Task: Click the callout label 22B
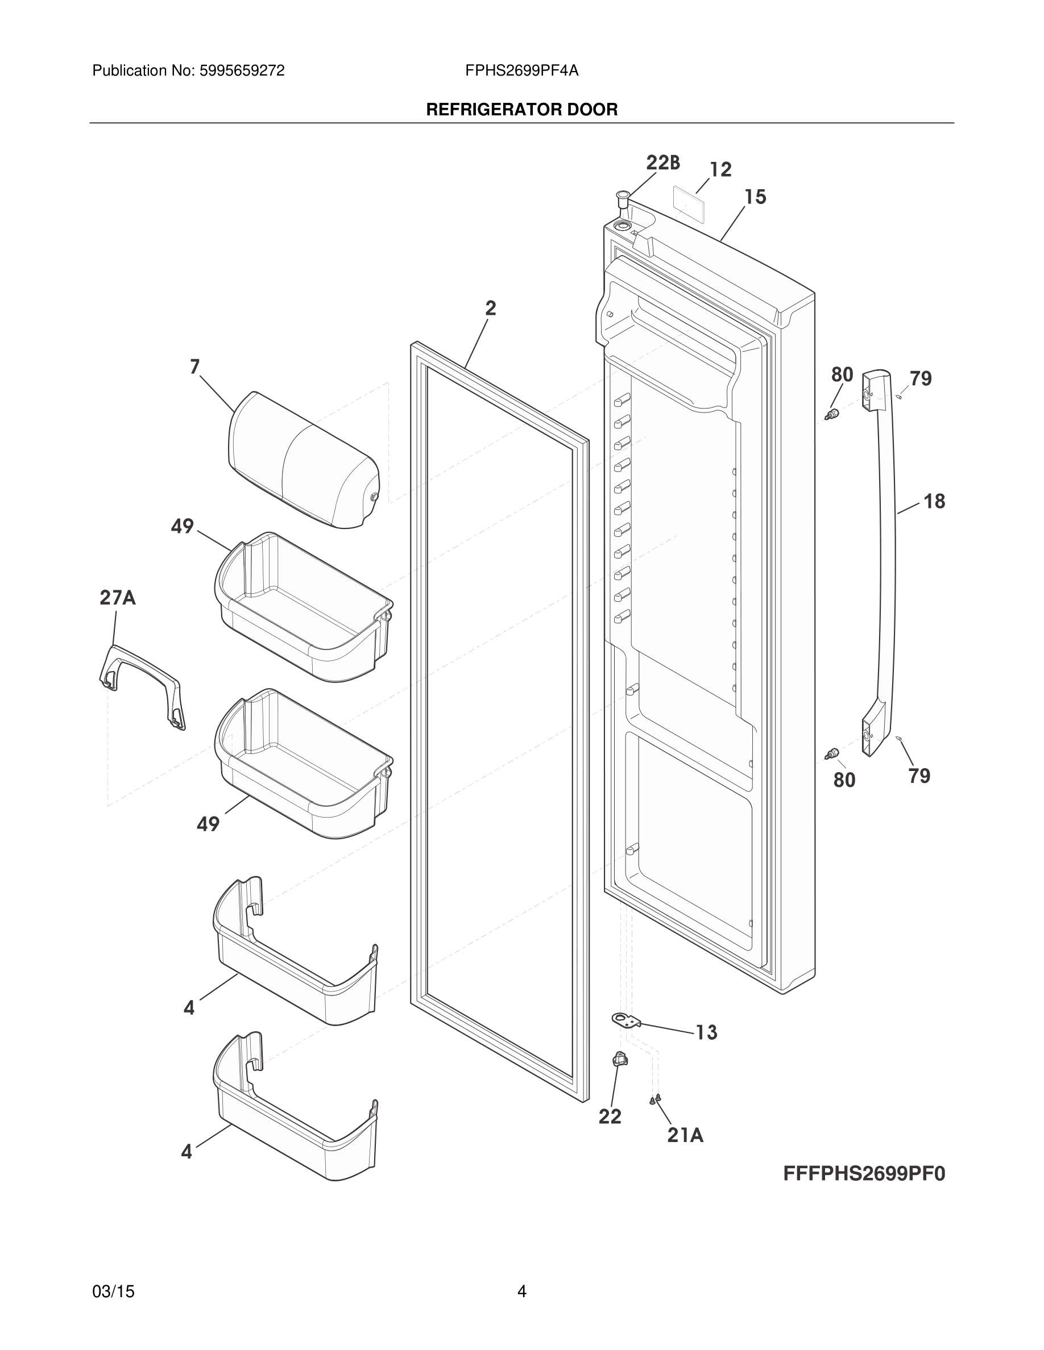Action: (x=662, y=163)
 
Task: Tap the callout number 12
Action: (x=720, y=169)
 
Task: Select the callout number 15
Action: (x=755, y=197)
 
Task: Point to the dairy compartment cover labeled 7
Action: (x=303, y=460)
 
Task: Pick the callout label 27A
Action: (x=118, y=598)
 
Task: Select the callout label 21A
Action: (x=685, y=1135)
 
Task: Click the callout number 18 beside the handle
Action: (x=934, y=501)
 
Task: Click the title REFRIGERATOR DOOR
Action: (x=521, y=110)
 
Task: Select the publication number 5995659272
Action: (x=241, y=71)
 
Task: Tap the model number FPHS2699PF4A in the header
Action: (x=521, y=71)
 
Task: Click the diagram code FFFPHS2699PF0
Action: (x=864, y=1173)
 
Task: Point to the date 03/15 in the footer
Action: (x=113, y=1291)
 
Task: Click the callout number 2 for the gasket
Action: (x=491, y=308)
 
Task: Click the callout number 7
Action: (x=195, y=367)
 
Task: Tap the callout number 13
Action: (x=706, y=1032)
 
